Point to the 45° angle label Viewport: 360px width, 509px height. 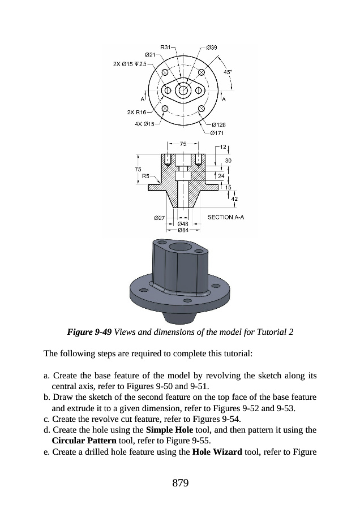pyautogui.click(x=227, y=72)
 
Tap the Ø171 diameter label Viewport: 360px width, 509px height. pyautogui.click(x=217, y=133)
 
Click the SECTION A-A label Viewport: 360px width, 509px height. pyautogui.click(x=226, y=217)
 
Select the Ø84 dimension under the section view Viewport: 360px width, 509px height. pyautogui.click(x=183, y=230)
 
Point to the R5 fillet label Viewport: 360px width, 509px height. pyautogui.click(x=145, y=176)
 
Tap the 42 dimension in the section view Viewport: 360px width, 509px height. pyautogui.click(x=234, y=199)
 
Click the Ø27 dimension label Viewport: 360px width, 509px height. pyautogui.click(x=160, y=217)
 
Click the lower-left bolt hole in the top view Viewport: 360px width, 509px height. pyautogui.click(x=165, y=109)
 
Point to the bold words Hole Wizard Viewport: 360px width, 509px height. pyautogui.click(x=215, y=451)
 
